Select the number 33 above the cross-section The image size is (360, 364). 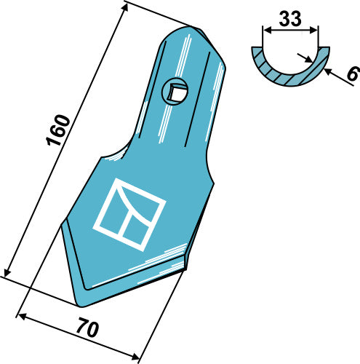coord(290,20)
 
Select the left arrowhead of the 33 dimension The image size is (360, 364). coord(265,31)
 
